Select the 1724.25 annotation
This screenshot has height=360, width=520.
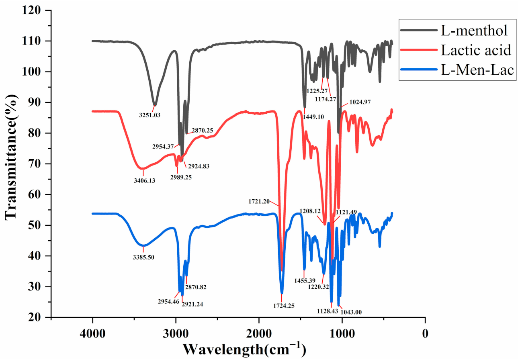(282, 306)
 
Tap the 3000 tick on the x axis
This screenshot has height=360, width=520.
(176, 333)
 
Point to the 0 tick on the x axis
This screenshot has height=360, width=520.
(425, 333)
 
